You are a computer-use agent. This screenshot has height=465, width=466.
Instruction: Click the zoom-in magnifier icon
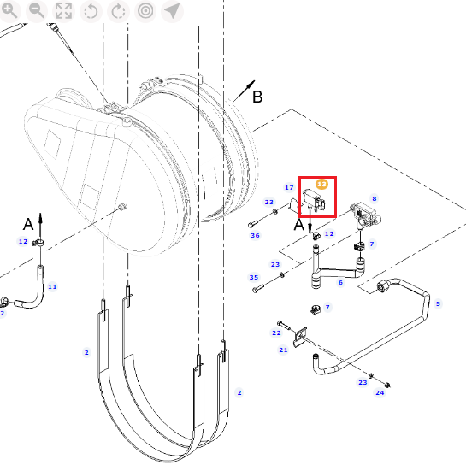tap(9, 11)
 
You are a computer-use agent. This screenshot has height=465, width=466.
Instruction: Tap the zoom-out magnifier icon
tap(37, 11)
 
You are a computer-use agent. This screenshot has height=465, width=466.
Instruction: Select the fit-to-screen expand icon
tap(63, 11)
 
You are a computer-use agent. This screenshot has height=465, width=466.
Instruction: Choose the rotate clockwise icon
tap(118, 11)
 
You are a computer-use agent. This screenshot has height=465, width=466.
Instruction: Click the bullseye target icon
tap(145, 11)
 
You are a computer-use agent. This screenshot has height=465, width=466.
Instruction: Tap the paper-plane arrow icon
tap(172, 11)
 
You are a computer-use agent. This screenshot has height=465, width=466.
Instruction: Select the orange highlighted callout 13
tap(321, 185)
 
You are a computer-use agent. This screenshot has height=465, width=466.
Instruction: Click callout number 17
tap(289, 187)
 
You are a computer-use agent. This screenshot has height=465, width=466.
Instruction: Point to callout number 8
tap(375, 198)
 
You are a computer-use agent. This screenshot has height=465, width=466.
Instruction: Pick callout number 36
tap(255, 235)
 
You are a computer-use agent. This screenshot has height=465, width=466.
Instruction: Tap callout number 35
tap(253, 277)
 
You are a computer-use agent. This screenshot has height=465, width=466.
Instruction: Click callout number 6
tap(340, 282)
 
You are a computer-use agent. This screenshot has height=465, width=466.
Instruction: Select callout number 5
tap(438, 303)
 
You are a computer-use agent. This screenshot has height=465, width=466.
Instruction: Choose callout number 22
tap(276, 333)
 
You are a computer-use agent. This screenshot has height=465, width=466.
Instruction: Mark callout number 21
tap(283, 350)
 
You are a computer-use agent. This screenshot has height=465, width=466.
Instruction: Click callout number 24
tap(380, 392)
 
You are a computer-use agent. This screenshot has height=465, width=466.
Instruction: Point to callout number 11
tap(52, 286)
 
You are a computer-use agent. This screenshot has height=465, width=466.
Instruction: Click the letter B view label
tap(257, 97)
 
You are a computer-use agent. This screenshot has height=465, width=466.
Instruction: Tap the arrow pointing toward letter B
tap(245, 91)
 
